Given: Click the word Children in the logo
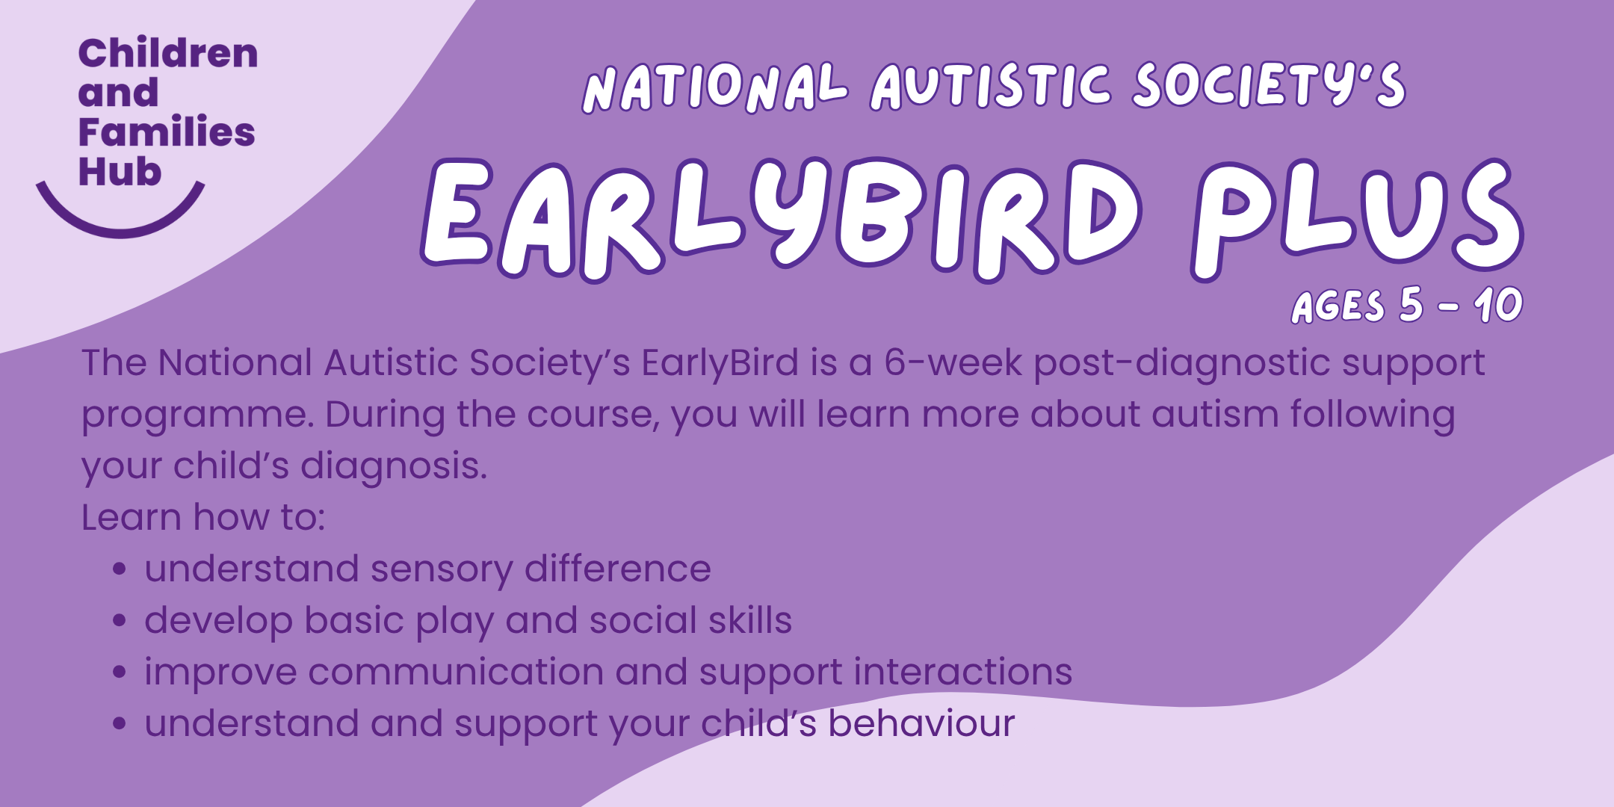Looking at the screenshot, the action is [x=168, y=54].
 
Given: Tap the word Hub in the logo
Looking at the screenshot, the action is [x=120, y=172].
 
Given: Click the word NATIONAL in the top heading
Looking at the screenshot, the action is [x=715, y=87].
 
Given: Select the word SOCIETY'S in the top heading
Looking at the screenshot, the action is [x=1269, y=84].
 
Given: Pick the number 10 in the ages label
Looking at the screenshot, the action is [x=1498, y=305].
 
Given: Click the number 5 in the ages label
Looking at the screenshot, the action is [x=1411, y=304].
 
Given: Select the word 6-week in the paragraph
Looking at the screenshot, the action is [x=953, y=362].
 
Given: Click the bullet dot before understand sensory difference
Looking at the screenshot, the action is [x=119, y=569].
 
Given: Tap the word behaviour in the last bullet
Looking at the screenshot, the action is [x=921, y=723].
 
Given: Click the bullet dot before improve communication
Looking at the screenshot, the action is [x=119, y=672].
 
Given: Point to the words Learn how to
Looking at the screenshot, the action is [x=203, y=517].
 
